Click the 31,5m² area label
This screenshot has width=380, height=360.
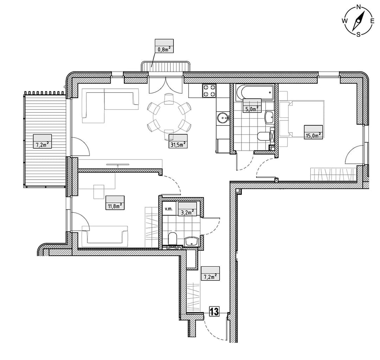pos(178,144)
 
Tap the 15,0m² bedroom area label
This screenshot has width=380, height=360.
pos(313,135)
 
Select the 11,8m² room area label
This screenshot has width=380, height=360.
pos(115,206)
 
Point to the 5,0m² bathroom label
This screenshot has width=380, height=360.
pos(252,109)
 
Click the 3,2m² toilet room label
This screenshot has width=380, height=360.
pos(187,212)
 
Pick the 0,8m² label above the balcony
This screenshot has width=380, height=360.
pos(164,49)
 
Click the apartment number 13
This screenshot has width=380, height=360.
pos(214,311)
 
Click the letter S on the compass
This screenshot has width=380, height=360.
pos(358,35)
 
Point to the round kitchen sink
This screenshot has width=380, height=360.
pos(223,118)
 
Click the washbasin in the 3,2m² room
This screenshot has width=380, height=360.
pos(192,242)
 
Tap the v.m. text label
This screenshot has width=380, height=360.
pos(169,209)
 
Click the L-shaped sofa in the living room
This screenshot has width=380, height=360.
pos(110,106)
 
